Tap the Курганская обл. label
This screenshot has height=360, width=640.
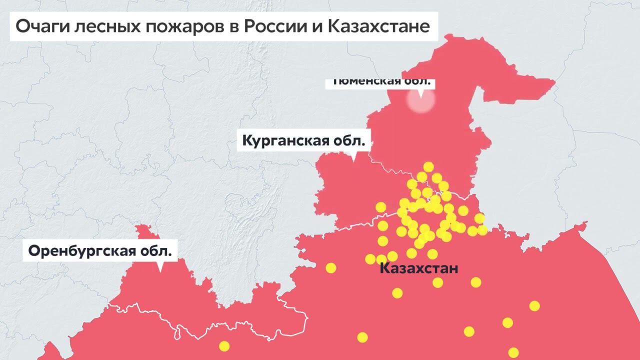point(303,140)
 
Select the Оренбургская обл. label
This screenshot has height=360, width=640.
point(99,250)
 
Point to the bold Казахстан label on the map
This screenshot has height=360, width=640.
point(418,268)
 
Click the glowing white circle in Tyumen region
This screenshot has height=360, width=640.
point(420,100)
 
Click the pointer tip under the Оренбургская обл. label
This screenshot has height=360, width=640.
point(160,270)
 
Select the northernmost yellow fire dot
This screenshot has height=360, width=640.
point(428,166)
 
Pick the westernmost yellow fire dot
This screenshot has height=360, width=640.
point(224,346)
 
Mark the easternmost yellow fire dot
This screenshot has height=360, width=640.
point(534,305)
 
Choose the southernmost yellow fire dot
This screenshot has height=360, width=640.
point(513,352)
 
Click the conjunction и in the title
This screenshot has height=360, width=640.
point(316,26)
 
